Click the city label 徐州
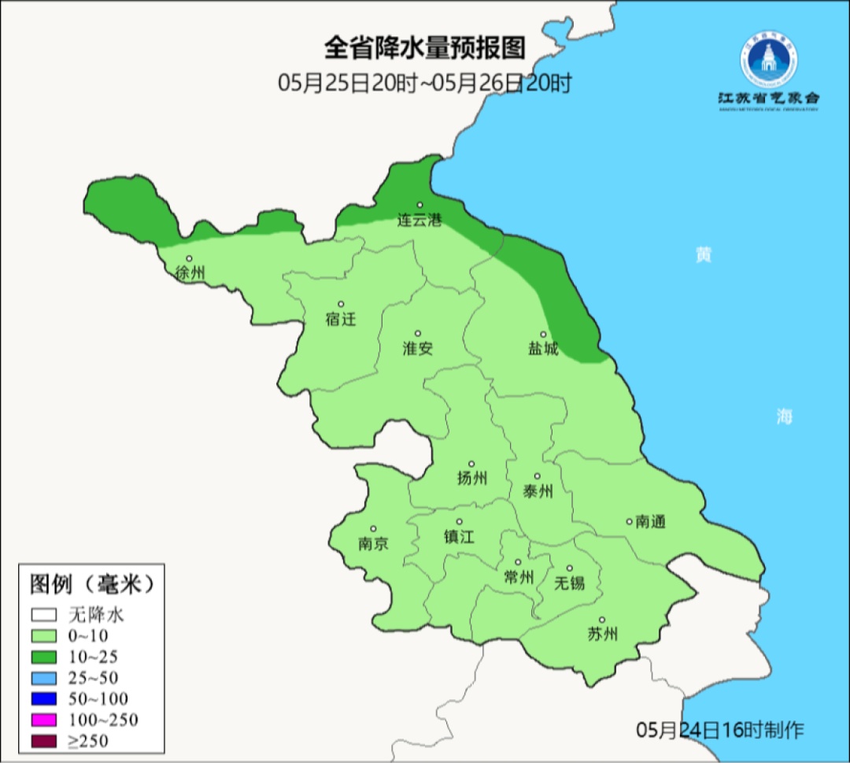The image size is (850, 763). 190,274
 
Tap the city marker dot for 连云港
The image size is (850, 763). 419,205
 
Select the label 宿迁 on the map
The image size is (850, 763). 341,320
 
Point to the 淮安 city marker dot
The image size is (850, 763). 418,333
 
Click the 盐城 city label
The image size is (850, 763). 543,349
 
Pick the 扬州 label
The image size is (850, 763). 472,478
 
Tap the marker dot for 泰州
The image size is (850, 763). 538,476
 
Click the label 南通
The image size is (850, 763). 650,521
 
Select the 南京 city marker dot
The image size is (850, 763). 373,529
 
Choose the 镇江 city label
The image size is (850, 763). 460,536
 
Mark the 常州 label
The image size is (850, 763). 519,577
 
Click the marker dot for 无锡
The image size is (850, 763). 570,568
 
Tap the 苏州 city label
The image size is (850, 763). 603,635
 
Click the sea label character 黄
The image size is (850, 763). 703,254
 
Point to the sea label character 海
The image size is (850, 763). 784,417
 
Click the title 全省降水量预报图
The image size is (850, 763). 424,48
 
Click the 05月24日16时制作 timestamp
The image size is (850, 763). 720,730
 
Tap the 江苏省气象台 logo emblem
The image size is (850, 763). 767,61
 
